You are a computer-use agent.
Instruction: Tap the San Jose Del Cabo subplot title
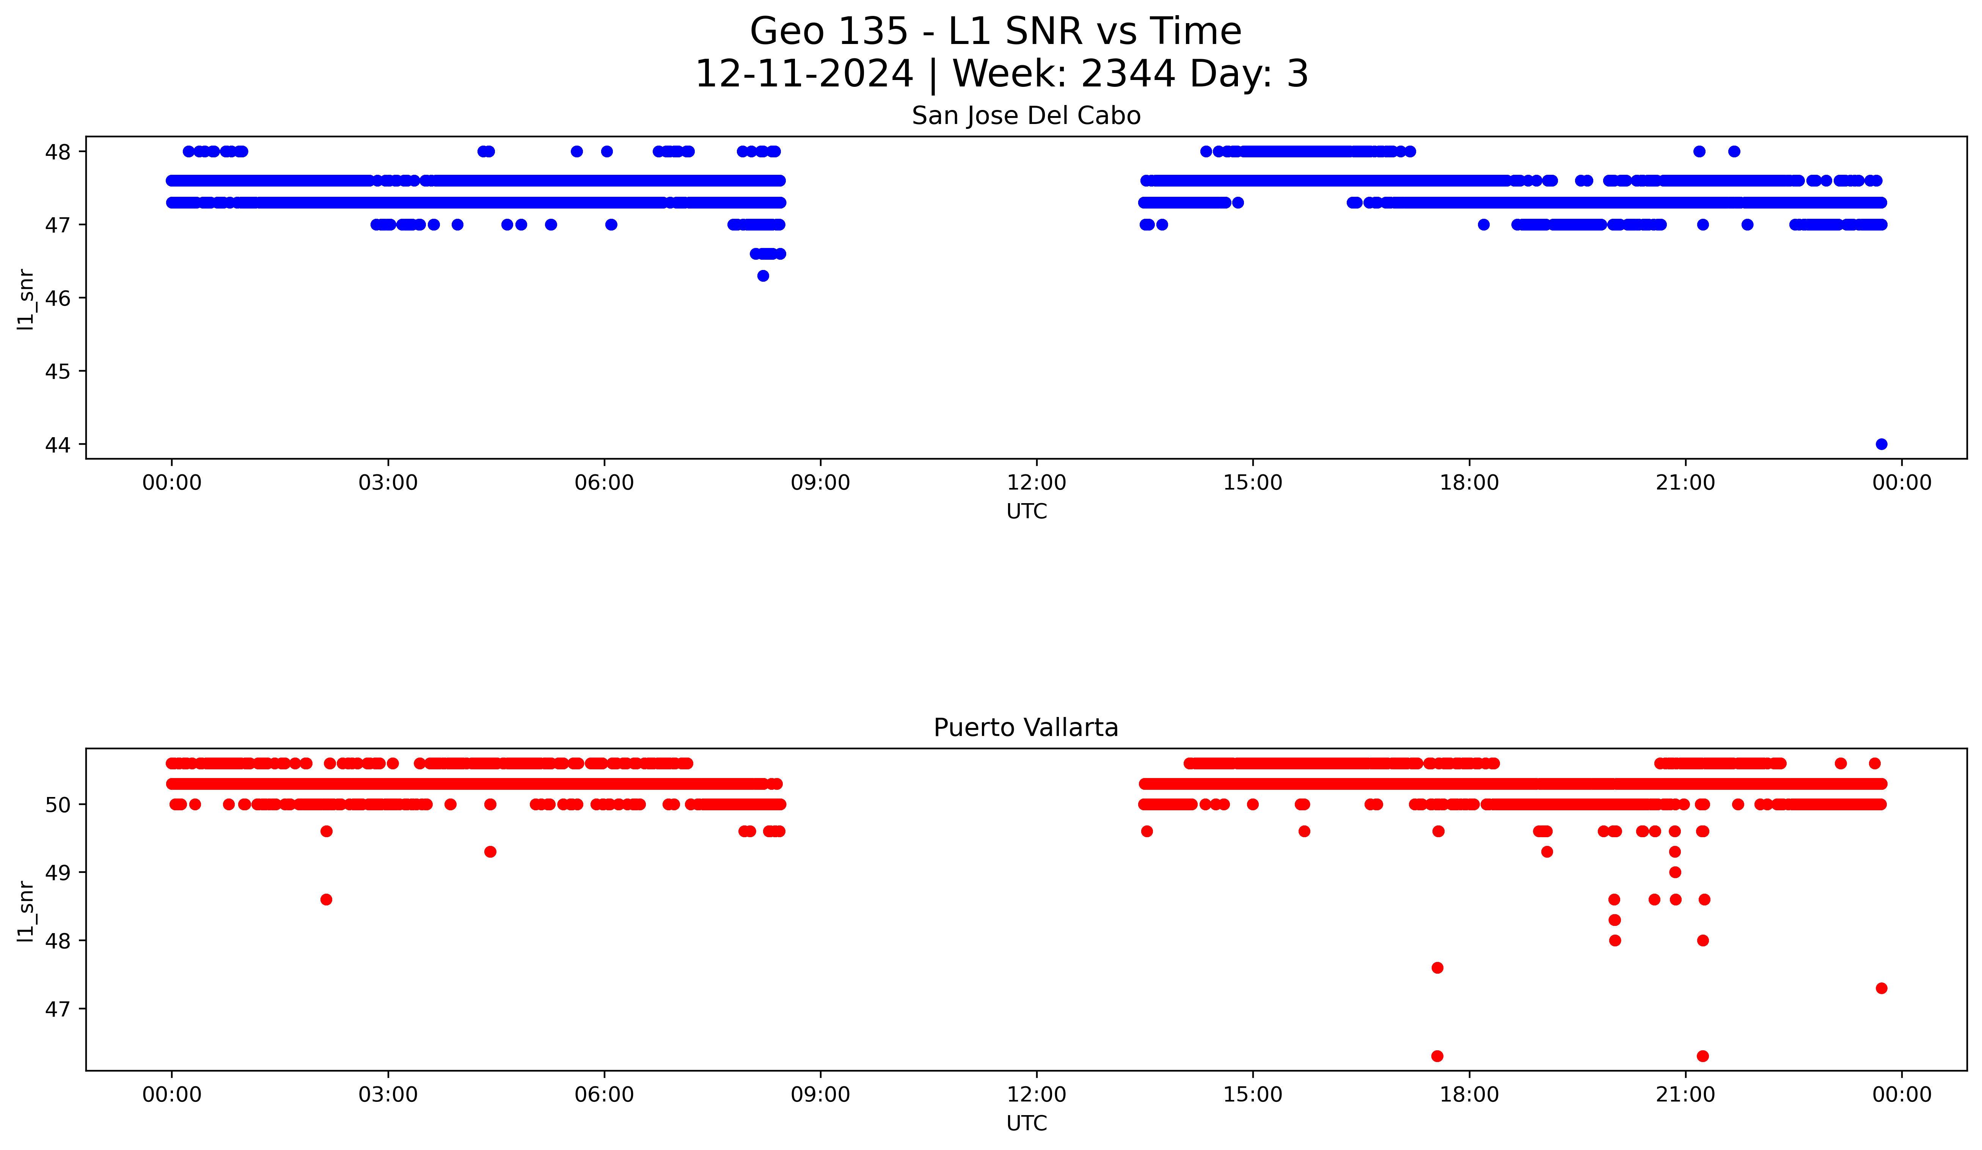(x=1026, y=116)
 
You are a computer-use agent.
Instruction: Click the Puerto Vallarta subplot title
(x=1026, y=728)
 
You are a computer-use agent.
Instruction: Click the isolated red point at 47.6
(x=1437, y=968)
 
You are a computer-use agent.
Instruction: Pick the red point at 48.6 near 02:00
(x=327, y=899)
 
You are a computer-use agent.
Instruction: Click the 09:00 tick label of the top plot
(x=820, y=483)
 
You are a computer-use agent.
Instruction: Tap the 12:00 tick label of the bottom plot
(x=1037, y=1094)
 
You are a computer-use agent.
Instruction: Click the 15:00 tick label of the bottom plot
(x=1253, y=1094)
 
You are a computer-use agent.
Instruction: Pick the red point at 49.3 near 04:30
(x=490, y=851)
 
